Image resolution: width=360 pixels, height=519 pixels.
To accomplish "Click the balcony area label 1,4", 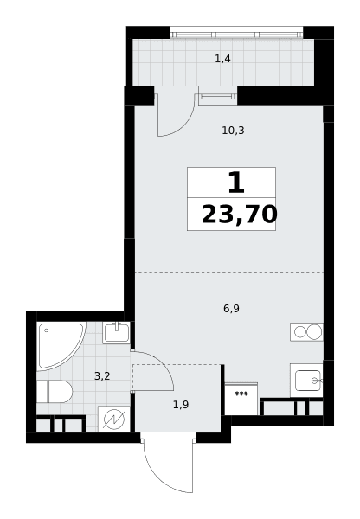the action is click(222, 59).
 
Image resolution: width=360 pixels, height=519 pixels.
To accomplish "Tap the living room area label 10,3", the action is click(233, 131).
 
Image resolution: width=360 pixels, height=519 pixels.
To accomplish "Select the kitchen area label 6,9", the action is click(231, 309).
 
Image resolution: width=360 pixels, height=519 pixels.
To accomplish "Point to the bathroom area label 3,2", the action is click(102, 376).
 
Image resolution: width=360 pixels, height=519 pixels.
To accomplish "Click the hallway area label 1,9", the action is click(181, 405).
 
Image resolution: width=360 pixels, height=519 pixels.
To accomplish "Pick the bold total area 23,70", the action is click(239, 215).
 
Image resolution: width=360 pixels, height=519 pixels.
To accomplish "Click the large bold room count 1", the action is click(236, 183).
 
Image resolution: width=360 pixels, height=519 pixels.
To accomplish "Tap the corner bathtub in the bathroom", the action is click(60, 346).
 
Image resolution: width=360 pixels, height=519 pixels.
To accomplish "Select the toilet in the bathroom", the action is click(55, 392).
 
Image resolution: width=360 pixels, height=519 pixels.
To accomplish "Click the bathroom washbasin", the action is click(116, 333).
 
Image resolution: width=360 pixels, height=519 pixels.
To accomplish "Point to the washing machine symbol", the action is click(114, 420).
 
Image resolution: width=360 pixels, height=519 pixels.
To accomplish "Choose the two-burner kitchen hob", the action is click(306, 331).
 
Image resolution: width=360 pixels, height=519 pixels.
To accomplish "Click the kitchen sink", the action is click(307, 381).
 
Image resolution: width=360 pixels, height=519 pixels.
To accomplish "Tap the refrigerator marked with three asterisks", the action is click(241, 399).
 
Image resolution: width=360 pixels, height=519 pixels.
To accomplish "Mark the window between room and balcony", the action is click(217, 96).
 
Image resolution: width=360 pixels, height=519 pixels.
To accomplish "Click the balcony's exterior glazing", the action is click(237, 35).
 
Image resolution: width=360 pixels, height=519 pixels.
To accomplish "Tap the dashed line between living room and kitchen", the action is click(229, 272).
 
